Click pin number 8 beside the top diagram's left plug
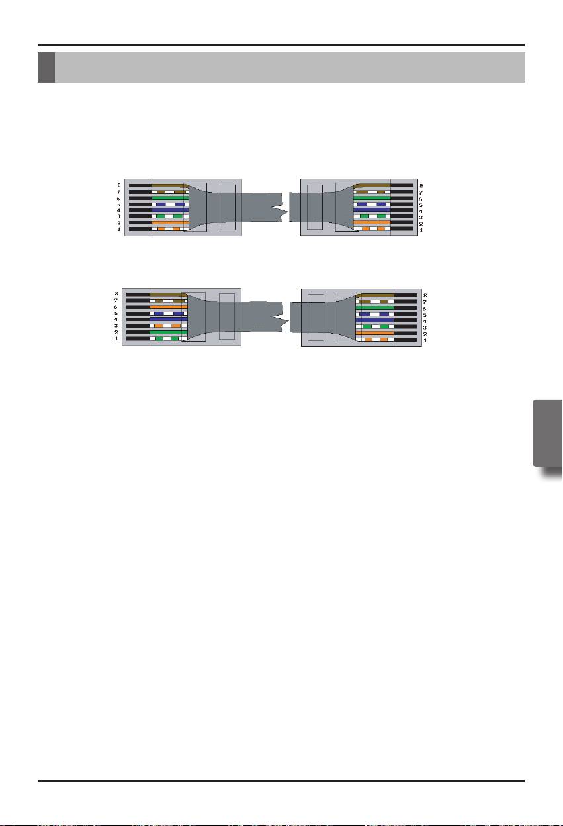(x=119, y=186)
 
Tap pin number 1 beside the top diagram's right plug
(x=421, y=230)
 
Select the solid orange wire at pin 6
(x=168, y=307)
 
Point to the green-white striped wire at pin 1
(x=168, y=338)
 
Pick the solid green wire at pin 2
(x=168, y=332)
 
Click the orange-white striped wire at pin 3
(x=168, y=326)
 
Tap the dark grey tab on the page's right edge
(x=546, y=432)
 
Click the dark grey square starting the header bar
(x=46, y=68)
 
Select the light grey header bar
(x=290, y=68)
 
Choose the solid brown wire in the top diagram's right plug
(x=372, y=185)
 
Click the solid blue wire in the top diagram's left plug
(x=170, y=210)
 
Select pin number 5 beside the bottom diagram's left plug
(x=116, y=313)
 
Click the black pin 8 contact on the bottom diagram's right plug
(x=405, y=295)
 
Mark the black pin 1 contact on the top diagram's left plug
(x=140, y=229)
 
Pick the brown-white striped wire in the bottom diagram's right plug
(x=374, y=301)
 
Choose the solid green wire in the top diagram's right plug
(x=372, y=198)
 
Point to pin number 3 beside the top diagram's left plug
(x=119, y=217)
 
